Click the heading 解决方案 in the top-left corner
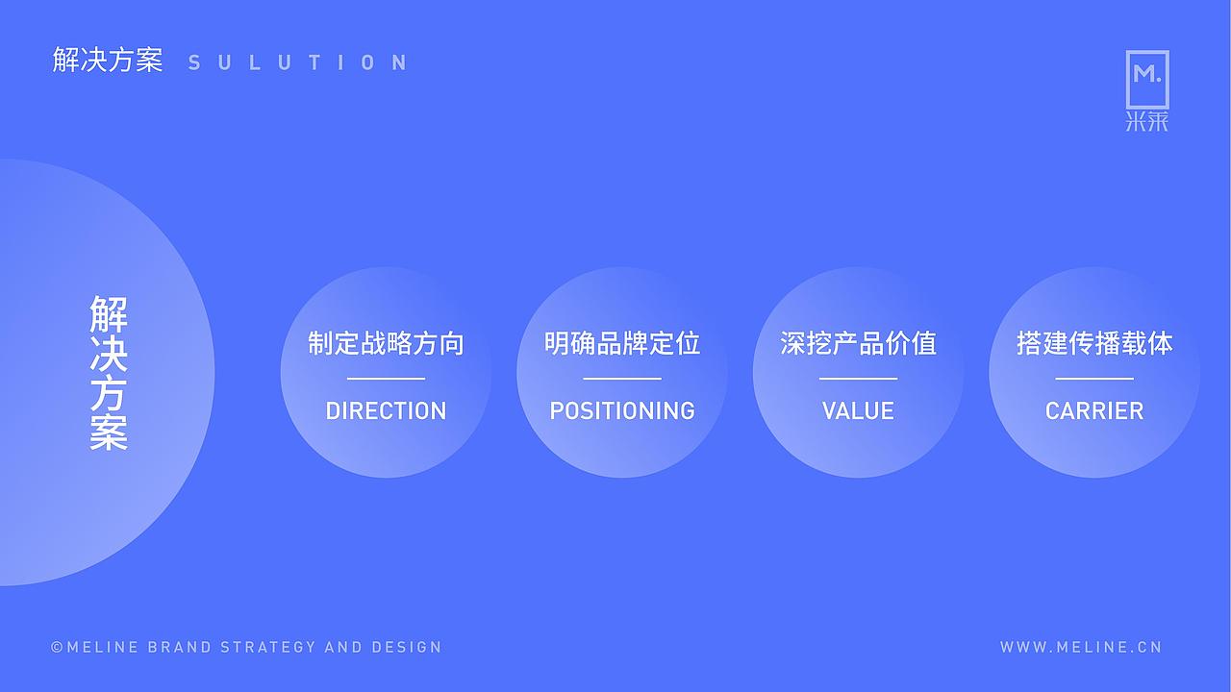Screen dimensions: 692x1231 pyautogui.click(x=108, y=62)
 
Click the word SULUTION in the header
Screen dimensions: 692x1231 pyautogui.click(x=298, y=63)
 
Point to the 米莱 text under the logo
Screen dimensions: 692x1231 pyautogui.click(x=1147, y=122)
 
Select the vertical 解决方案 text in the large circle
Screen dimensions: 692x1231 pyautogui.click(x=109, y=373)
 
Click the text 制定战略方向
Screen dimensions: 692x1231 pyautogui.click(x=386, y=343)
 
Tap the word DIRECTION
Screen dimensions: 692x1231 pyautogui.click(x=386, y=410)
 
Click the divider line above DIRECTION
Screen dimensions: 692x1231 pyautogui.click(x=386, y=379)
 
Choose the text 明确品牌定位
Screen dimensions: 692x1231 pyautogui.click(x=622, y=343)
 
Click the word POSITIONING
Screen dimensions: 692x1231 pyautogui.click(x=622, y=410)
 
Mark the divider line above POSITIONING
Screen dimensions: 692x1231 pyautogui.click(x=622, y=379)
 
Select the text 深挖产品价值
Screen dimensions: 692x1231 pyautogui.click(x=858, y=343)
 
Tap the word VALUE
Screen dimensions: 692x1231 pyautogui.click(x=858, y=410)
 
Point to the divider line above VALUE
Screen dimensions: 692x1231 pyautogui.click(x=858, y=379)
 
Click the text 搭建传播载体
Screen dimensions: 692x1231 pyautogui.click(x=1094, y=343)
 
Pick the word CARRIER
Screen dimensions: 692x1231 pyautogui.click(x=1094, y=410)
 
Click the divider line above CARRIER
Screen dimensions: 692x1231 pyautogui.click(x=1094, y=379)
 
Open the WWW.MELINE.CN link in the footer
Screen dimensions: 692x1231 pyautogui.click(x=1081, y=647)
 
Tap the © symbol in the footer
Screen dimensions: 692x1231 pyautogui.click(x=57, y=648)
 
